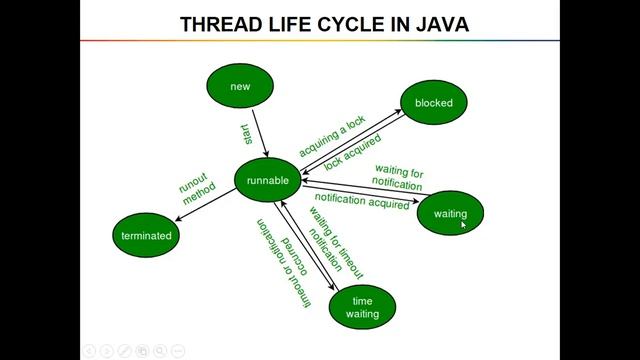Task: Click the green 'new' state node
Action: pos(240,87)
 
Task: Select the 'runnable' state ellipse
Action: pos(269,181)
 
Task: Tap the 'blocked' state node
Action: pos(433,103)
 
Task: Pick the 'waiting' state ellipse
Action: pos(450,213)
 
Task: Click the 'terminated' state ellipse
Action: pos(146,236)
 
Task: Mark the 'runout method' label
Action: pos(197,187)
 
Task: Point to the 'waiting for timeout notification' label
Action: pos(330,244)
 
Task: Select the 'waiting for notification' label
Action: pos(398,178)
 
